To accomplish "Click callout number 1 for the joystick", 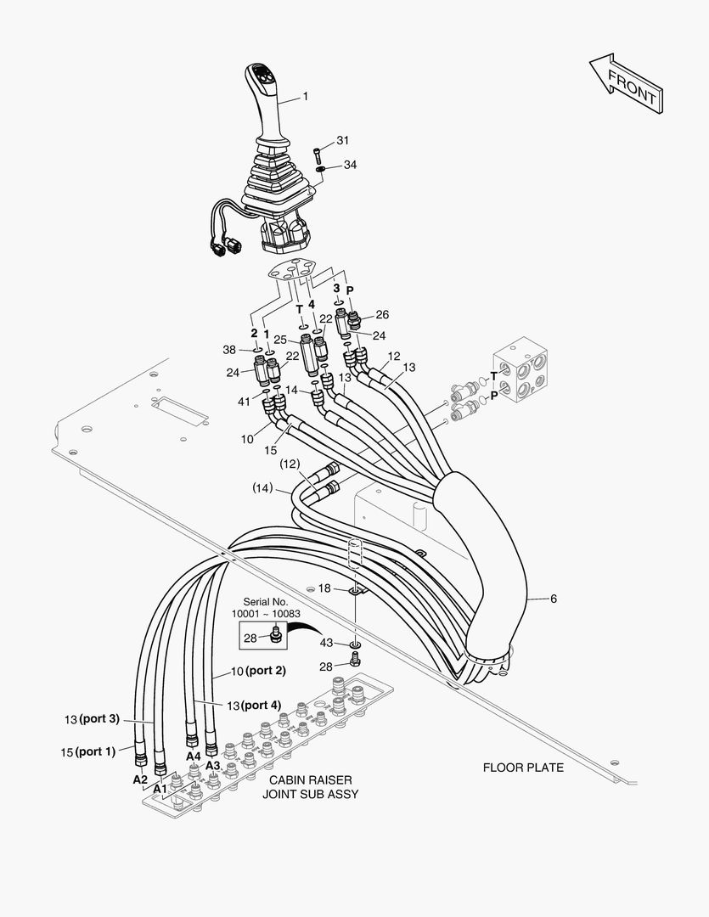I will (305, 97).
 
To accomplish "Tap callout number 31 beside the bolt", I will (342, 140).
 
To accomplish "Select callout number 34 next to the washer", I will (350, 165).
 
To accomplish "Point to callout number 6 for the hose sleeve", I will (553, 599).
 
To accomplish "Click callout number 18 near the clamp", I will (324, 588).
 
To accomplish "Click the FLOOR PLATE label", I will (523, 768).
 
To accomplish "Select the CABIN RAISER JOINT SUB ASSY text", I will (310, 787).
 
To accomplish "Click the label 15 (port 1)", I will (88, 751).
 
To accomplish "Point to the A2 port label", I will (139, 779).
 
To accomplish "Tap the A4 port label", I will (193, 756).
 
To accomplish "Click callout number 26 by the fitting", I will (382, 314).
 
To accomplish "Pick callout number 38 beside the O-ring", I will (228, 349).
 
